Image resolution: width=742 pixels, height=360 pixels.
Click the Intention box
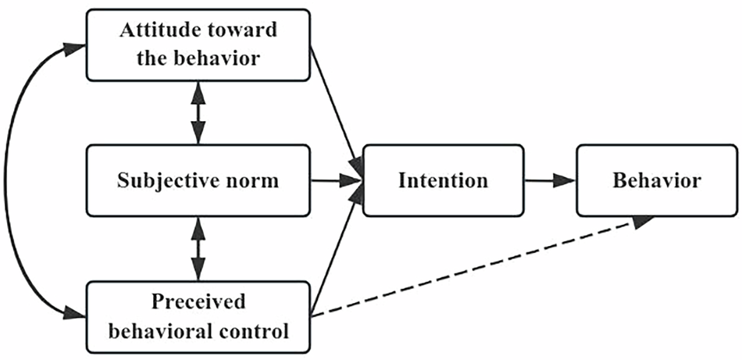[443, 180]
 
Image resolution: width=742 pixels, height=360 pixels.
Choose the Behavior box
[656, 180]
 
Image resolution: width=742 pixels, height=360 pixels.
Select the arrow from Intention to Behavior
[550, 180]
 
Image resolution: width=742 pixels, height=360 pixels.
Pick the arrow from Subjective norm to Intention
[336, 180]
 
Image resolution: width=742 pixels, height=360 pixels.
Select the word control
[254, 330]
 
